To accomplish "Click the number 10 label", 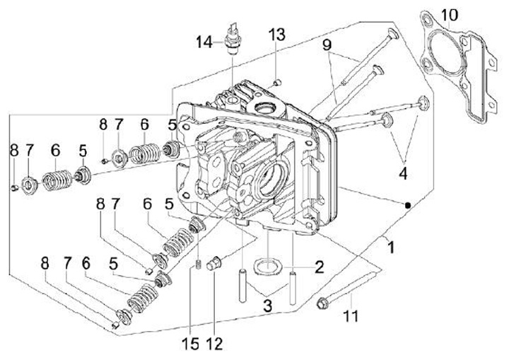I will click(x=450, y=15).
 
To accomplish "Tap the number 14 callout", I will click(x=204, y=42).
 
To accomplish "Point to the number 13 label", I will click(x=276, y=35).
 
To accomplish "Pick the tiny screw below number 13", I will click(x=276, y=80).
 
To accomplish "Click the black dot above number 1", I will click(x=408, y=205).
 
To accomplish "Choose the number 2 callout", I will click(x=319, y=267).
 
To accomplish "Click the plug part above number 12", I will click(x=218, y=263).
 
